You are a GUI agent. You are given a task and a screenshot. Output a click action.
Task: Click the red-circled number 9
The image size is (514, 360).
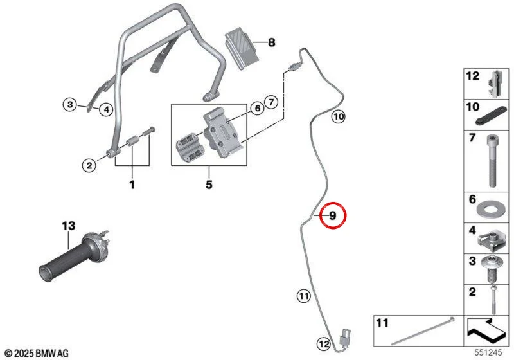(332, 215)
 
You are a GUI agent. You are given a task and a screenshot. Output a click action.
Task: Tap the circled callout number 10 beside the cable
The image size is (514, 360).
(339, 116)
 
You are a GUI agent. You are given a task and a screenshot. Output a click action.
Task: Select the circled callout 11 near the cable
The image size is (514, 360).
(303, 296)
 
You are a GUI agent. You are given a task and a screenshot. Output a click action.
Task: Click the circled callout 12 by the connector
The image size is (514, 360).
(324, 344)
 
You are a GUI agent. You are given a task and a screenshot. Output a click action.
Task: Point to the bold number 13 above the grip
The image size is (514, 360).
(69, 226)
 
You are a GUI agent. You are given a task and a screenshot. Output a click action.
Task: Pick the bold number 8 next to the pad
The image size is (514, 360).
(272, 42)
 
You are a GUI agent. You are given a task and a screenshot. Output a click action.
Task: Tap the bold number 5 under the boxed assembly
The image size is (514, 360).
(209, 184)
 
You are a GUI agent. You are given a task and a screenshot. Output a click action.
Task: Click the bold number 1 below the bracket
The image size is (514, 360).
(132, 184)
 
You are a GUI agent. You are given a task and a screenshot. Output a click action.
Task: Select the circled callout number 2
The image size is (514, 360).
(89, 166)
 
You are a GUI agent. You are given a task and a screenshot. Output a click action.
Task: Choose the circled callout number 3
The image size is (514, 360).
(70, 105)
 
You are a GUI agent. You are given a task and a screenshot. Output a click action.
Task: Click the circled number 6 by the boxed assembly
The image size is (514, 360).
(258, 108)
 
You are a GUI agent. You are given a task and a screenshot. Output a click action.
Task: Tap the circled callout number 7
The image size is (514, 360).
(271, 102)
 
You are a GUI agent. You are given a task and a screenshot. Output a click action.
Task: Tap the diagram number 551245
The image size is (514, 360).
(488, 352)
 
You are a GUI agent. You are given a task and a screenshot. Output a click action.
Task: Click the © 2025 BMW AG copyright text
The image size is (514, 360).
(37, 354)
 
